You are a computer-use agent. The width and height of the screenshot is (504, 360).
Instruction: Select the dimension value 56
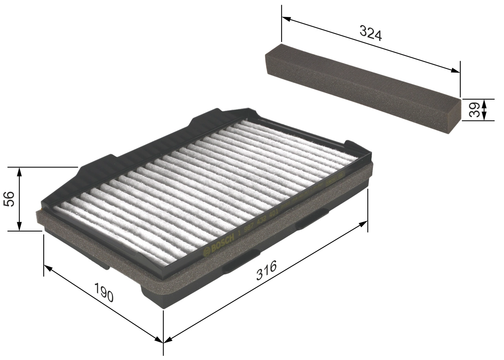(9, 199)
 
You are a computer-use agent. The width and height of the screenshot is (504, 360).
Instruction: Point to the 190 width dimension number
(104, 292)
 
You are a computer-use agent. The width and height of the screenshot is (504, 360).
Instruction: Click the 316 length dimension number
(266, 270)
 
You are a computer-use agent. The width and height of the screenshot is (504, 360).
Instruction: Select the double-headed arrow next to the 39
(484, 109)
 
